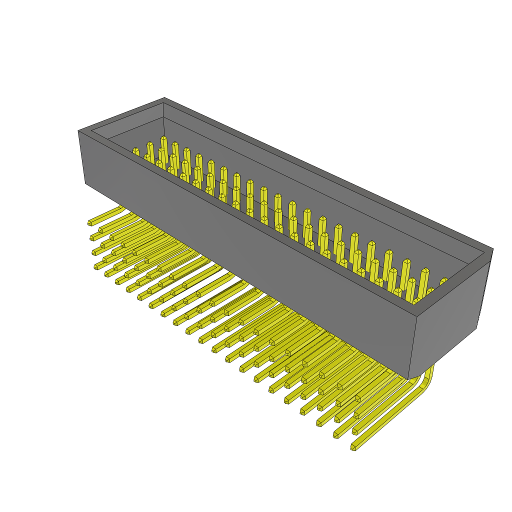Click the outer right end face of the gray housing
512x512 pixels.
(447, 320)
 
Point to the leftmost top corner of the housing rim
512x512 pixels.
(78, 131)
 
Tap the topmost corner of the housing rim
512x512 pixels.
(164, 98)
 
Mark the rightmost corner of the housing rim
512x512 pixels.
(493, 249)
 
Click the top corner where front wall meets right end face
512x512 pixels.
(417, 316)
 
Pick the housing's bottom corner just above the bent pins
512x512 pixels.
(408, 379)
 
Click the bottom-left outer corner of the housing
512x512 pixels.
(85, 183)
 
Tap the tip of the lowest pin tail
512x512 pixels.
(353, 447)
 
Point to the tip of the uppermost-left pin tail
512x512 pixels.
(90, 223)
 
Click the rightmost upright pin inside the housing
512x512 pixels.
(443, 281)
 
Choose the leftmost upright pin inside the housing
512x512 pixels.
(135, 151)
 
